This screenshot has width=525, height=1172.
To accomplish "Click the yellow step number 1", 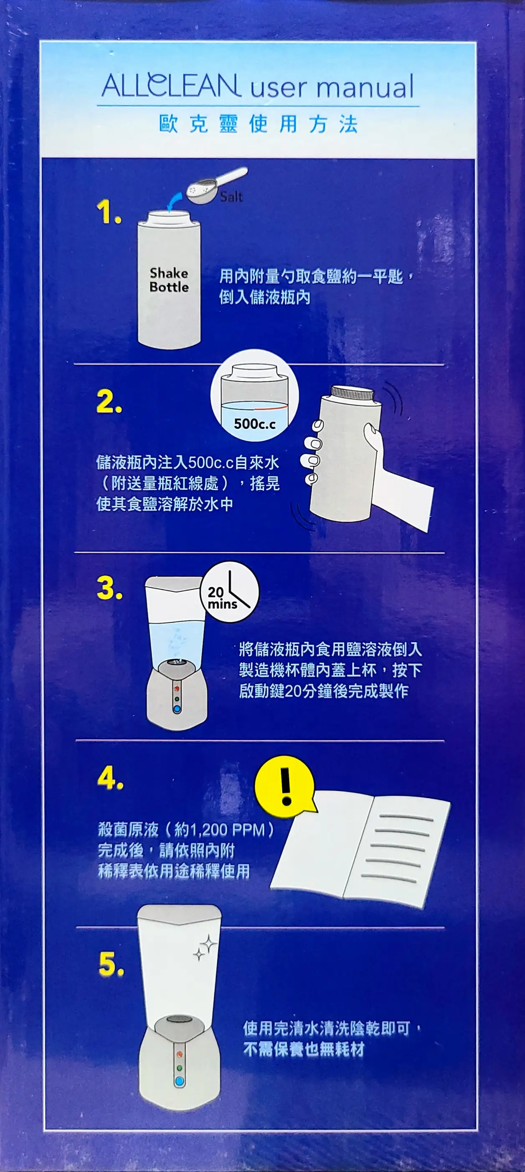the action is tap(109, 213).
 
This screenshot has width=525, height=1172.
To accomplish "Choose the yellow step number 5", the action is tap(112, 964).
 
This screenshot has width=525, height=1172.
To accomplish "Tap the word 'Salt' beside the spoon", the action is tap(231, 197).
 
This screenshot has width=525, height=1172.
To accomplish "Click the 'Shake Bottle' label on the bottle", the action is tap(169, 280).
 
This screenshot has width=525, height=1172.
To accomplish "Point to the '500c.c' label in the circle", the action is tap(255, 424).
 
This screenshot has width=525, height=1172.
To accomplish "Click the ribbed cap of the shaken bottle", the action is tap(352, 393).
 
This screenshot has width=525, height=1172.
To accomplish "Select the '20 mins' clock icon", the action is tap(229, 592).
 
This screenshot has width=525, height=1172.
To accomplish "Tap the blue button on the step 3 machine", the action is tap(177, 709).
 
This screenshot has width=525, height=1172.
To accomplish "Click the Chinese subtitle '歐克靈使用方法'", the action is tap(259, 124).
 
